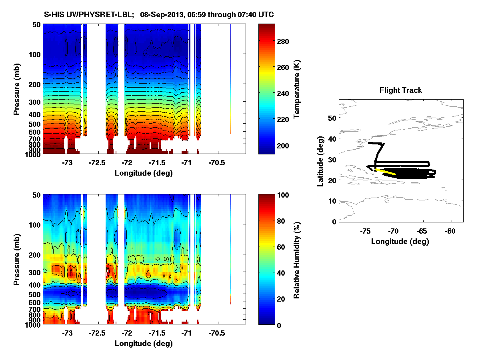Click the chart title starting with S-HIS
coord(159,15)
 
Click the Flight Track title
coord(400,90)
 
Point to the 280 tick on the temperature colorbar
coord(286,42)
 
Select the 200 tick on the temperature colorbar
coord(286,145)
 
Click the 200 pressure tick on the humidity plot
coord(35,255)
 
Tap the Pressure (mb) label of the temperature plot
coord(17,89)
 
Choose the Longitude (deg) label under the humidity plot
coord(144,343)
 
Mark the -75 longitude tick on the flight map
coord(365,231)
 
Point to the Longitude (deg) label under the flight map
coord(400,241)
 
